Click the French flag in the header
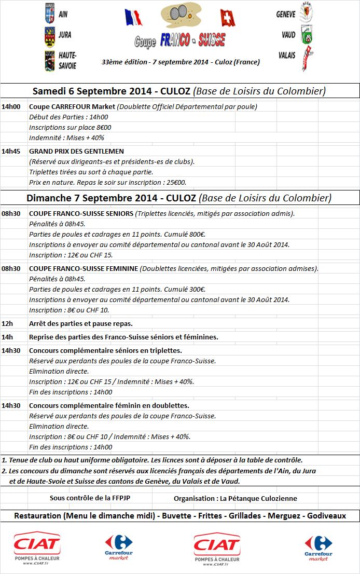tap(133, 17)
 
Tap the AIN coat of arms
tap(50, 15)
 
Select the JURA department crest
tap(50, 36)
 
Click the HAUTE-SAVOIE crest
tap(50, 60)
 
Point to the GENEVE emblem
tap(307, 14)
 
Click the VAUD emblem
tap(307, 35)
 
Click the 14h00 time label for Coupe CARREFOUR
tap(11, 107)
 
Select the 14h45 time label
tap(11, 152)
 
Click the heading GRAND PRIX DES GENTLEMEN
tap(76, 152)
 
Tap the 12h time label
tap(7, 323)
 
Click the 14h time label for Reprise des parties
tap(7, 337)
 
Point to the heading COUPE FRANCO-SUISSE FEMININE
tap(84, 269)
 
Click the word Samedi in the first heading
tap(49, 91)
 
